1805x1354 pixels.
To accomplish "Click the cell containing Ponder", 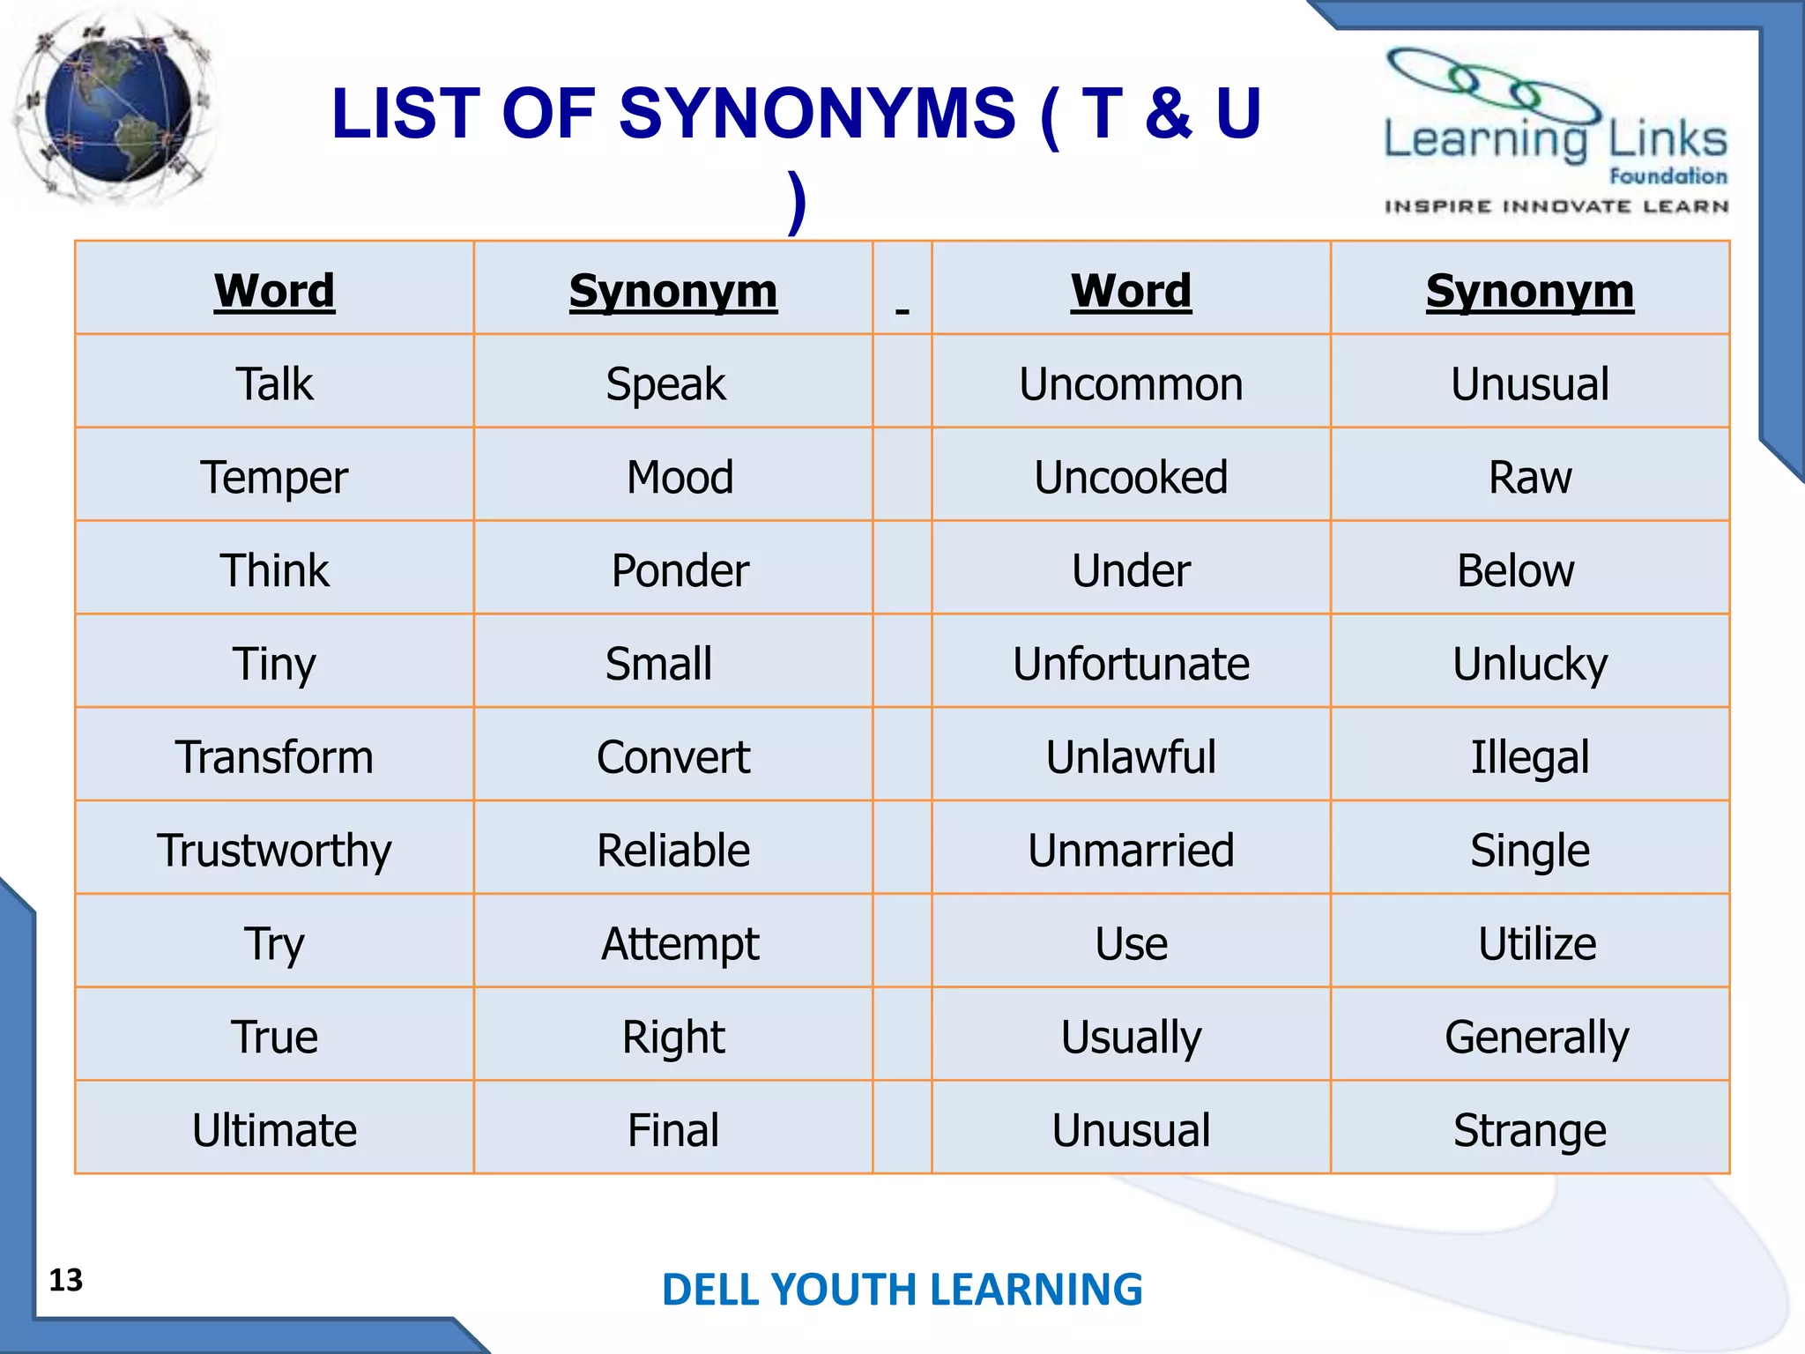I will pyautogui.click(x=680, y=570).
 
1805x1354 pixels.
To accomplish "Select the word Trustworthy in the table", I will pyautogui.click(x=274, y=851).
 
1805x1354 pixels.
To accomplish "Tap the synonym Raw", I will pyautogui.click(x=1530, y=478).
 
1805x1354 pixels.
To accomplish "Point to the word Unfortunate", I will pyautogui.click(x=1131, y=664).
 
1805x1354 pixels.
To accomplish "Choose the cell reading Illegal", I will pyautogui.click(x=1530, y=757).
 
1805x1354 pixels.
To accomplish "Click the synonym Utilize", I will pyautogui.click(x=1536, y=944).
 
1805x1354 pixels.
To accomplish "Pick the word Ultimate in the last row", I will pyautogui.click(x=274, y=1131).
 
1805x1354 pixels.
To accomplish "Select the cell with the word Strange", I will pyautogui.click(x=1530, y=1131).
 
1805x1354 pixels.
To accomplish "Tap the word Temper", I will pyautogui.click(x=274, y=478).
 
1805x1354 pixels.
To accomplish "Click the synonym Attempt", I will pyautogui.click(x=680, y=944).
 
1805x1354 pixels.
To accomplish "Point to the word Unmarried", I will pyautogui.click(x=1131, y=851).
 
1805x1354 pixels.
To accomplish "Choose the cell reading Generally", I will pyautogui.click(x=1536, y=1038).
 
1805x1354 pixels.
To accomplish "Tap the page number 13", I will pyautogui.click(x=66, y=1280).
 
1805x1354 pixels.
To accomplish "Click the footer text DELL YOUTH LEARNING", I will pyautogui.click(x=902, y=1290).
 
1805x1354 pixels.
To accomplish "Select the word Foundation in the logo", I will pyautogui.click(x=1668, y=176).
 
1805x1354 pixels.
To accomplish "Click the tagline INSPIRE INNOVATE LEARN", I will pyautogui.click(x=1556, y=206).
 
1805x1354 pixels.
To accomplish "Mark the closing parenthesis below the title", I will pyautogui.click(x=797, y=203).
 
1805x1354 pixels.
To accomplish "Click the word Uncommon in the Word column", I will pyautogui.click(x=1131, y=384).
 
